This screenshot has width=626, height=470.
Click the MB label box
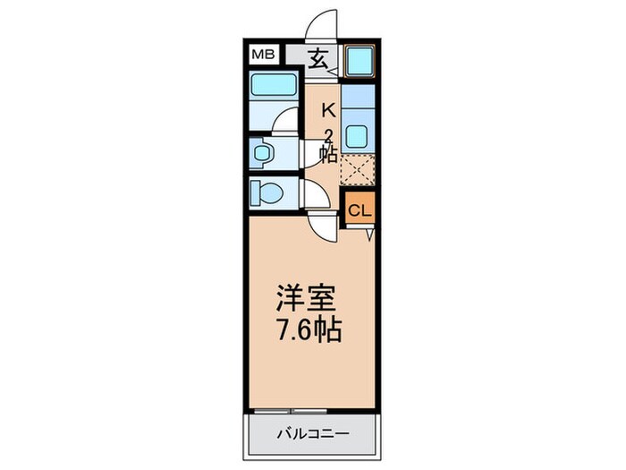(261, 55)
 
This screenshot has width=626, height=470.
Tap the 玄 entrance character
(319, 61)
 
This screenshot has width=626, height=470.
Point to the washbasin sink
(261, 154)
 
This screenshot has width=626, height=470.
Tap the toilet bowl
(266, 192)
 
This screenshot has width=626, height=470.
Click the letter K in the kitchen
(328, 110)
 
